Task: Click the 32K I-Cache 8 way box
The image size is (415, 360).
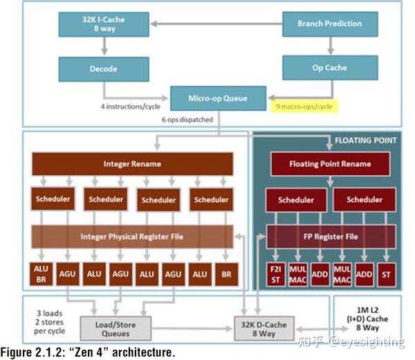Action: (x=104, y=24)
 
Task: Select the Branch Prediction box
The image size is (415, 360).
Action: (x=329, y=24)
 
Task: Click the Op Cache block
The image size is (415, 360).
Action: (x=329, y=69)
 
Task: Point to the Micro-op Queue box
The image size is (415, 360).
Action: (x=217, y=98)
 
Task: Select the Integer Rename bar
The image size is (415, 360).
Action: (x=132, y=164)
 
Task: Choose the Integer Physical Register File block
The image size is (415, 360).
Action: (x=132, y=237)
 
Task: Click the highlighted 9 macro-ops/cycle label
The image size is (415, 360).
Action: (x=304, y=107)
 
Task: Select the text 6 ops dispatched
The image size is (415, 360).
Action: (x=187, y=119)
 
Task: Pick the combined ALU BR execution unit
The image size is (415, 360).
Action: (x=42, y=274)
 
